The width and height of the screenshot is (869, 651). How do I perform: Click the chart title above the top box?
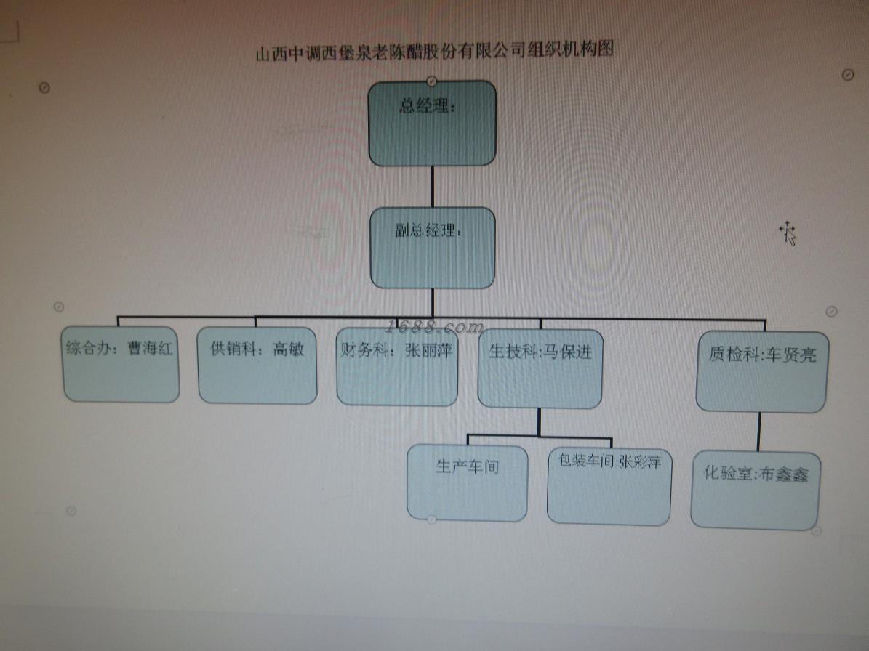(x=435, y=51)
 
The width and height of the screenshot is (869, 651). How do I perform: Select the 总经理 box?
(x=432, y=124)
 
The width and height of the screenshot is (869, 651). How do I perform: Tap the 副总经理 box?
(x=432, y=248)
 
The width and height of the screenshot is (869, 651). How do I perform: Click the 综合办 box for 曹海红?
(x=121, y=363)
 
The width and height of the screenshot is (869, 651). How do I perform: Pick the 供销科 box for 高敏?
(x=257, y=365)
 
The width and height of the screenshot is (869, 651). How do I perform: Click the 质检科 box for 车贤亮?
(x=761, y=371)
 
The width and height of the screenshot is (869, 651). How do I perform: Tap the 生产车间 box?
(x=468, y=482)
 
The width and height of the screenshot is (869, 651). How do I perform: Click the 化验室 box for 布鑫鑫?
(x=756, y=490)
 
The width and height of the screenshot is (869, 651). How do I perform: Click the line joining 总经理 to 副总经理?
(x=433, y=187)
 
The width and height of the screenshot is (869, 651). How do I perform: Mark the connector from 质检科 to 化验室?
(x=759, y=432)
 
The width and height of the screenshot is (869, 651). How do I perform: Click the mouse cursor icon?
(x=788, y=234)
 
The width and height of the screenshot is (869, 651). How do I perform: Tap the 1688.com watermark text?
(x=435, y=326)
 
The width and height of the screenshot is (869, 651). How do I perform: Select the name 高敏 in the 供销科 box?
(x=289, y=349)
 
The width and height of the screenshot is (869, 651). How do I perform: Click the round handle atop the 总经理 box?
(x=432, y=80)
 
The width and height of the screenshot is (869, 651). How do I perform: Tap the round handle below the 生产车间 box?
(x=431, y=519)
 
